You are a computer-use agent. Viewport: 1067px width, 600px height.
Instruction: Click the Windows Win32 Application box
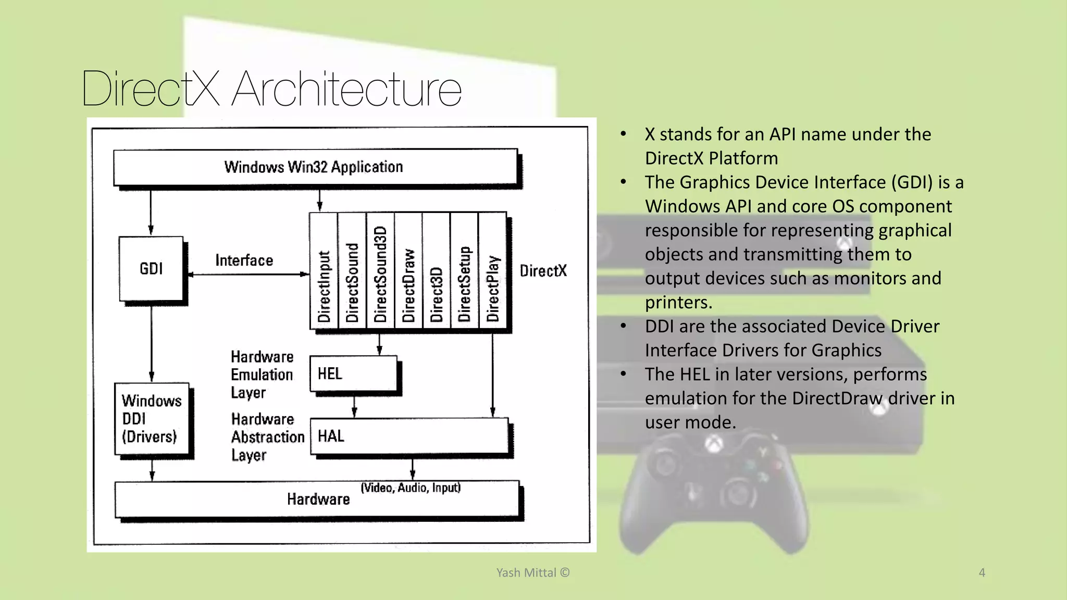[x=315, y=167]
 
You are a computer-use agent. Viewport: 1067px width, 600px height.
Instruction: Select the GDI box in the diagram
[x=151, y=269]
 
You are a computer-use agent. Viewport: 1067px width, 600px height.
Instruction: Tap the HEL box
[x=353, y=373]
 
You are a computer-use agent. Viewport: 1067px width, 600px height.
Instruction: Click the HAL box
[x=409, y=436]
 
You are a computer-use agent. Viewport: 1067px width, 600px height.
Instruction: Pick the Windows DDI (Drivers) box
[x=152, y=419]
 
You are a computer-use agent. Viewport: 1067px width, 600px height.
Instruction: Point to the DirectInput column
[x=324, y=271]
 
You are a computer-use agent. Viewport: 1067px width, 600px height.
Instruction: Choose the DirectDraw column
[x=408, y=271]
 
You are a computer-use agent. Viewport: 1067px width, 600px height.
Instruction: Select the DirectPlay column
[x=492, y=271]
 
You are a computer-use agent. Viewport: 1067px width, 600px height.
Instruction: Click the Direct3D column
[x=437, y=271]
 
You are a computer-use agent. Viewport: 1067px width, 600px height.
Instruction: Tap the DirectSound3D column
[x=380, y=271]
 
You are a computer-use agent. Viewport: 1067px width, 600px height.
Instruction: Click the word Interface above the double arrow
[x=244, y=260]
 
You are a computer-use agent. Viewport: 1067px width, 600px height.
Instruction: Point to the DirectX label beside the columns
[x=543, y=271]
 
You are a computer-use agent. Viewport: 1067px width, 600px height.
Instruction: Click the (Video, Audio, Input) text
[x=411, y=488]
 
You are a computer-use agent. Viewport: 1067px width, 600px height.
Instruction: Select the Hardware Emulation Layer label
[x=262, y=374]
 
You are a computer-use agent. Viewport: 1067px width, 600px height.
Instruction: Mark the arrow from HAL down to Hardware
[x=413, y=469]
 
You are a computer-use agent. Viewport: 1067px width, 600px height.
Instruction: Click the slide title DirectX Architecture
[x=271, y=89]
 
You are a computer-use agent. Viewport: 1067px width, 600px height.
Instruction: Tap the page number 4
[x=982, y=572]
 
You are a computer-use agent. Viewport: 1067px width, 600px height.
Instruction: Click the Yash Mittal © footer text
[x=532, y=572]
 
